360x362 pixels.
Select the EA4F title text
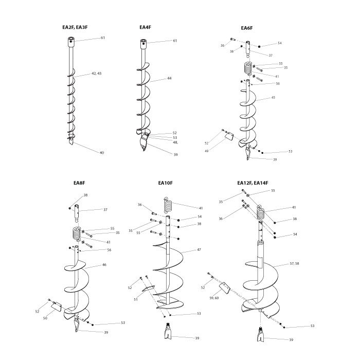click(145, 27)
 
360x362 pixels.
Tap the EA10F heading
click(165, 183)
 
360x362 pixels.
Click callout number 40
click(102, 153)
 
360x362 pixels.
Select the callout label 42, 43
click(96, 74)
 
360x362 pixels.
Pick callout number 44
click(169, 79)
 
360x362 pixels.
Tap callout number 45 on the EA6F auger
click(273, 97)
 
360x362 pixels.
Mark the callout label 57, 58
click(294, 263)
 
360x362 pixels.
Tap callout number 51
click(136, 299)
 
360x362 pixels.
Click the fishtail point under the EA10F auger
click(170, 332)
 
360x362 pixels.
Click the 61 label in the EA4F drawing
click(175, 41)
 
